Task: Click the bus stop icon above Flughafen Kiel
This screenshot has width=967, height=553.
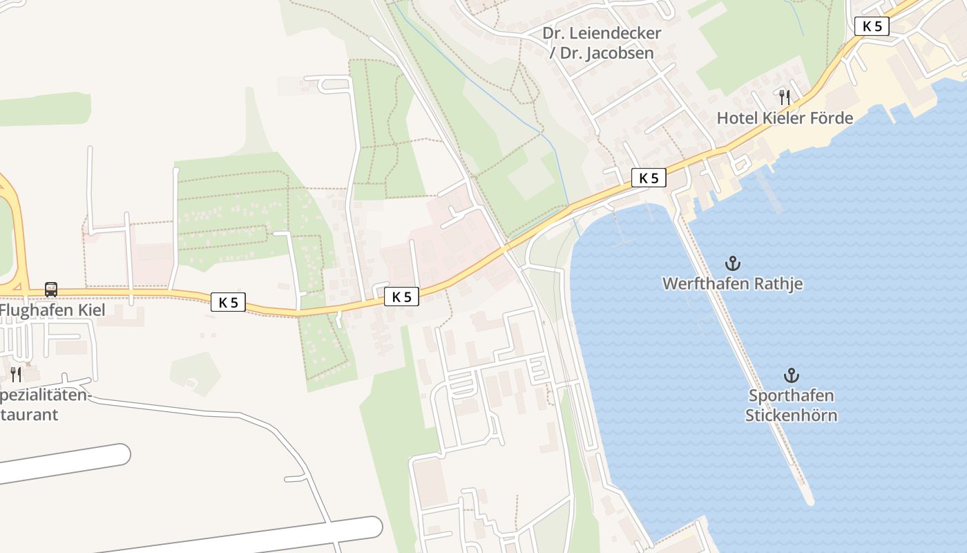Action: pos(51,289)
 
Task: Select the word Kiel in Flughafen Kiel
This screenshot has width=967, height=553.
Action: pos(92,310)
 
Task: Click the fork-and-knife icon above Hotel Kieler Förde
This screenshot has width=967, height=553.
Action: pos(784,97)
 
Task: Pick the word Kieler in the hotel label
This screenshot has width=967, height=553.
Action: pos(786,118)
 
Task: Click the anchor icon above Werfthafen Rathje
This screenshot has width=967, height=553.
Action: pos(732,263)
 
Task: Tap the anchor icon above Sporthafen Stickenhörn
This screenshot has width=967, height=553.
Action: pos(791,375)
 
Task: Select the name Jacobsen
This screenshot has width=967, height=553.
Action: pos(622,53)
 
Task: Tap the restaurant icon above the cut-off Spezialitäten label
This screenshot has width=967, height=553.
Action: pos(15,374)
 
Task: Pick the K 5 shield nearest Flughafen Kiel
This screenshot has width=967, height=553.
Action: pos(228,302)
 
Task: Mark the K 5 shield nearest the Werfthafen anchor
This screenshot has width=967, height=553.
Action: pos(649,178)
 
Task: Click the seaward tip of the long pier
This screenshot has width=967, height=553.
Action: pos(808,499)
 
